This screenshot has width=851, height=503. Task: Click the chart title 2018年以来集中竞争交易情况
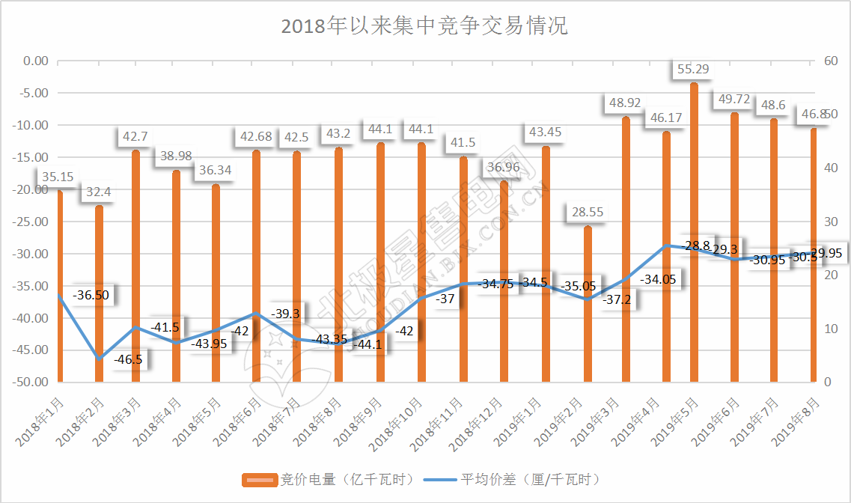click(424, 26)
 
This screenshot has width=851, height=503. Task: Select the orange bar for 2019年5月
click(694, 232)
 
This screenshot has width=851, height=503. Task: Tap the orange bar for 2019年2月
click(588, 303)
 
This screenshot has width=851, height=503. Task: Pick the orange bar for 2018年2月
click(100, 293)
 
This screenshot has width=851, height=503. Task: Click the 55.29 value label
click(693, 70)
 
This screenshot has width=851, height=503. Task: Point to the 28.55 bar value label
click(587, 213)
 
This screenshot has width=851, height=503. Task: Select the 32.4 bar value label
click(99, 192)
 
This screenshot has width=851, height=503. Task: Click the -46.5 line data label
click(128, 359)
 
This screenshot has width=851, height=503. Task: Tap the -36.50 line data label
click(91, 295)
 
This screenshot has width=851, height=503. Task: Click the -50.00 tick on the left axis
click(31, 382)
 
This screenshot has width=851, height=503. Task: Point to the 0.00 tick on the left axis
click(36, 61)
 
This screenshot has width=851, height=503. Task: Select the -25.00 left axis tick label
click(31, 222)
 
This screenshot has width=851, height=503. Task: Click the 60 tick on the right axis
click(830, 61)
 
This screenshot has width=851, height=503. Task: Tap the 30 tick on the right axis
click(830, 222)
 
